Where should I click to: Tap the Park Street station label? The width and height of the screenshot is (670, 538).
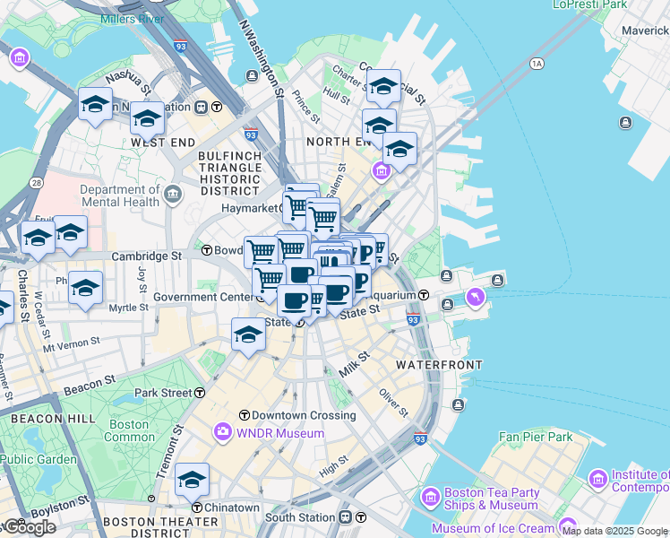(163, 393)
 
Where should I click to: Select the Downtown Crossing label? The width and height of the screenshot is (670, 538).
(304, 415)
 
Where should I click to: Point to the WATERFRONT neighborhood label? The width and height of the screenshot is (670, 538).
(439, 365)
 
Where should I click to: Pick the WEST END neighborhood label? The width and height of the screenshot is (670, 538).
(162, 143)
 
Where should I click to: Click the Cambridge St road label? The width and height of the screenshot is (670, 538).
(146, 256)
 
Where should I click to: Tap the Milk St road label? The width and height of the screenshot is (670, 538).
(355, 366)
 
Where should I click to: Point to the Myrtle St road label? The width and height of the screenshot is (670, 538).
(128, 308)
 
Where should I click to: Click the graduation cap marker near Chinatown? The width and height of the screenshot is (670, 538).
(192, 480)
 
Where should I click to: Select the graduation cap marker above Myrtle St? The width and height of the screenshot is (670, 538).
(86, 287)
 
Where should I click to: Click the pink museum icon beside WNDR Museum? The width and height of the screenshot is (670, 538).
(222, 433)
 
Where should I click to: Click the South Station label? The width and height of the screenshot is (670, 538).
(299, 517)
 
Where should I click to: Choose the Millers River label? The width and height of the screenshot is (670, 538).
(132, 18)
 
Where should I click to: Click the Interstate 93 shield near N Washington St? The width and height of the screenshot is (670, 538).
(251, 135)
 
